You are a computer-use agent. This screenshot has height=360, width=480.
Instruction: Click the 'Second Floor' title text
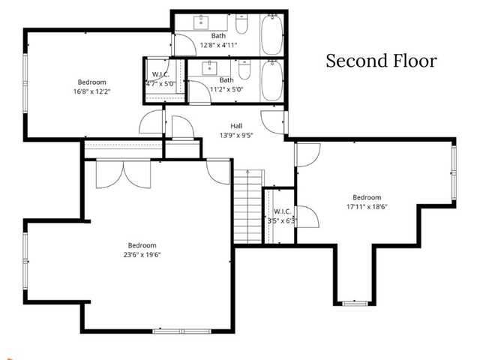[x=380, y=61]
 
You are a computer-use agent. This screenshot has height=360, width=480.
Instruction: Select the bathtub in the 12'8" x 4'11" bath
[x=271, y=34]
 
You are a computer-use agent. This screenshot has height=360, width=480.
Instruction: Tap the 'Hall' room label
[x=235, y=126]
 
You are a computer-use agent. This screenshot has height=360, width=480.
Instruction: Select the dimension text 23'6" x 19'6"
[x=142, y=254]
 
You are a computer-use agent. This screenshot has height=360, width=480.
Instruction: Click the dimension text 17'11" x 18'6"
[x=367, y=206]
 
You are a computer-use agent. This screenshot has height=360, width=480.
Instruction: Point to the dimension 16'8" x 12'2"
[x=91, y=91]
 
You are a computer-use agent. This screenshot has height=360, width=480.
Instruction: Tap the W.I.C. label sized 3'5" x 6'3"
[x=282, y=212]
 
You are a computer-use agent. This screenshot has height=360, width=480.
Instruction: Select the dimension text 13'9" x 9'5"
[x=235, y=136]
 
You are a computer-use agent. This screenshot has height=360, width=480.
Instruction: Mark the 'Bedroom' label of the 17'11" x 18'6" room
[x=367, y=197]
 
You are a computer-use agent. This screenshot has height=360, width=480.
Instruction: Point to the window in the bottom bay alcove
[x=352, y=303]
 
